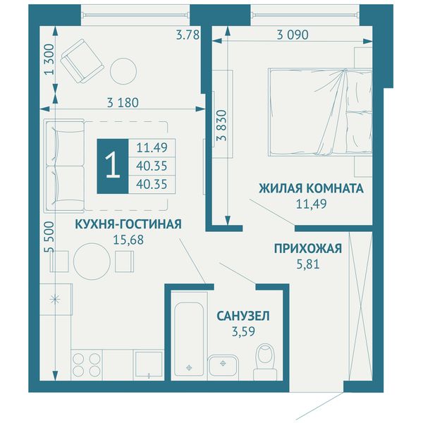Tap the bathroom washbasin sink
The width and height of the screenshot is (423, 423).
[x=223, y=365]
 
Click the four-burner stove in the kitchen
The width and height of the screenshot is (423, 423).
[x=87, y=364]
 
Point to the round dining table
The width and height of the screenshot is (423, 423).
[x=92, y=262]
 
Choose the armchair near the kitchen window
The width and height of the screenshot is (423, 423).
[x=82, y=61]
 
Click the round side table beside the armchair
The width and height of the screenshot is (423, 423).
[x=124, y=71]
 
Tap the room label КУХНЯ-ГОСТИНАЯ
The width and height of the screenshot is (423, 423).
[x=128, y=224]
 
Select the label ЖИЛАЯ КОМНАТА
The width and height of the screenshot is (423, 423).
[x=312, y=188]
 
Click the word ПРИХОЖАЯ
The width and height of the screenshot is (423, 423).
[x=308, y=249]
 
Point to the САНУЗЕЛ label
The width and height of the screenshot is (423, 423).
[x=243, y=317]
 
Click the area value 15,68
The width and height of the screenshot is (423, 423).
[x=128, y=240]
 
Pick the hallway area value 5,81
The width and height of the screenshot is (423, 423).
[x=308, y=264]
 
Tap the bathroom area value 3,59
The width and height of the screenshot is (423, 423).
[x=243, y=332]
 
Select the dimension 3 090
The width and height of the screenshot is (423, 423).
[x=293, y=35]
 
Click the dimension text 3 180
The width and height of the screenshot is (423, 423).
[x=123, y=103]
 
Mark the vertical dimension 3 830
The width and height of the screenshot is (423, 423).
[x=223, y=125]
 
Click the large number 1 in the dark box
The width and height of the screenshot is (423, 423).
[x=113, y=166]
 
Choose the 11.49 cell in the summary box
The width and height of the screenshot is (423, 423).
[x=152, y=147]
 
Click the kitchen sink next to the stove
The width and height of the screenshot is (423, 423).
[x=149, y=364]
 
